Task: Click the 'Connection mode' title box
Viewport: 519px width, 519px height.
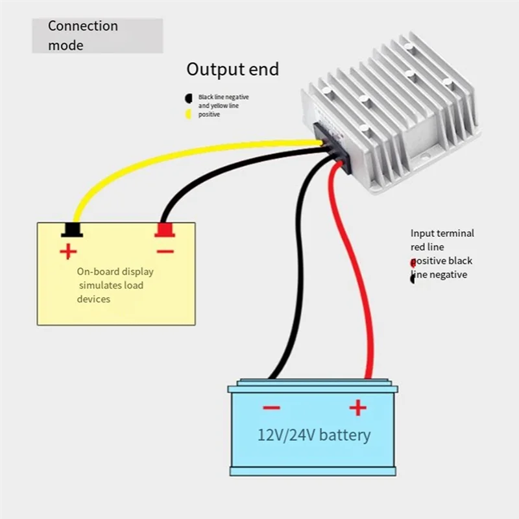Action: [x=97, y=36]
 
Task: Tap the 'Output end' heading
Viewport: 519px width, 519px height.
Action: [x=233, y=69]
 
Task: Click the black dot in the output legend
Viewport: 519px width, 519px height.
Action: [x=189, y=99]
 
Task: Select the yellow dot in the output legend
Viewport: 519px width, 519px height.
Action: [x=188, y=114]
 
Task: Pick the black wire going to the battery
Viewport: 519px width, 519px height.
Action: [x=299, y=265]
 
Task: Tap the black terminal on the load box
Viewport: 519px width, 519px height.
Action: [x=72, y=230]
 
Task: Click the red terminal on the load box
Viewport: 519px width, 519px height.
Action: [x=165, y=230]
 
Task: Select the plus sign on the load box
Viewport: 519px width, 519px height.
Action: [x=68, y=252]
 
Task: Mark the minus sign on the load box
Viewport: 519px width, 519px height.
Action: [x=165, y=252]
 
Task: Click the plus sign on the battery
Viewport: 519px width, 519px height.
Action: [x=358, y=407]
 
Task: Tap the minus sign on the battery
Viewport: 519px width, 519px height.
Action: [x=272, y=408]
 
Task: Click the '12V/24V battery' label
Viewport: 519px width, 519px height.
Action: [x=314, y=435]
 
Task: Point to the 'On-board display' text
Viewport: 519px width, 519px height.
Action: [x=115, y=272]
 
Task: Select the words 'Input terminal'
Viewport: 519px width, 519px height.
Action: [x=442, y=234]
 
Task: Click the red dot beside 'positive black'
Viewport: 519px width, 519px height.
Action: [x=413, y=263]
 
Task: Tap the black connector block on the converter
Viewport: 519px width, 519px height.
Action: [x=332, y=147]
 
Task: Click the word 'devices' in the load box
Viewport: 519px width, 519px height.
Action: [x=93, y=299]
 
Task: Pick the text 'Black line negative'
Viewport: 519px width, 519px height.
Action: [x=223, y=97]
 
